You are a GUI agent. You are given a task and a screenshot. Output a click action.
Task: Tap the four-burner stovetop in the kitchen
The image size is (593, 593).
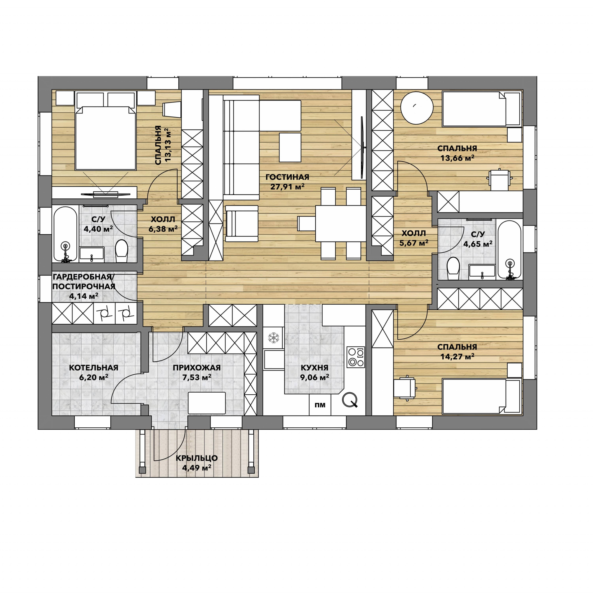[356, 357]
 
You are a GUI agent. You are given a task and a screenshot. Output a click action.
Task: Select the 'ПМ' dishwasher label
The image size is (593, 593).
[320, 405]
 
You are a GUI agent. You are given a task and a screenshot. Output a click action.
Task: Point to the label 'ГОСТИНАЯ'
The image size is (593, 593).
[287, 177]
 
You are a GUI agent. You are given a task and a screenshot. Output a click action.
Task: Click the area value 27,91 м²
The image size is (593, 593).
[287, 187]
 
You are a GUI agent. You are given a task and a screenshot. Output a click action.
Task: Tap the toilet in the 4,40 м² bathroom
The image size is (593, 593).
[121, 251]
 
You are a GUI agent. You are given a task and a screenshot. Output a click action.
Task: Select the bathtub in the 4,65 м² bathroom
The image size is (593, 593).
[510, 250]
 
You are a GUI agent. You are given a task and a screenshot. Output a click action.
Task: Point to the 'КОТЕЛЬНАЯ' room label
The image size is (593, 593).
[94, 368]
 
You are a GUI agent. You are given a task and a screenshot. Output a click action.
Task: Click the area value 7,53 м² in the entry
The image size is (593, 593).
[197, 377]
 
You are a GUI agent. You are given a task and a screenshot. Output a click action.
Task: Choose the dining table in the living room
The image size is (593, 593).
[341, 223]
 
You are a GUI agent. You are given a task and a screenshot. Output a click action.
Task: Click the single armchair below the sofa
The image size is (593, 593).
[242, 224]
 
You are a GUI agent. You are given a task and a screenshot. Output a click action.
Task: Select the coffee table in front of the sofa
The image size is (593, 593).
[290, 147]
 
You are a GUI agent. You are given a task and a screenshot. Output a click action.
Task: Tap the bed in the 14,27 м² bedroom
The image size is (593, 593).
[482, 396]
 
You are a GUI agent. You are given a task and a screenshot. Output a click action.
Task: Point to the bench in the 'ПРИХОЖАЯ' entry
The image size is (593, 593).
[207, 403]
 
